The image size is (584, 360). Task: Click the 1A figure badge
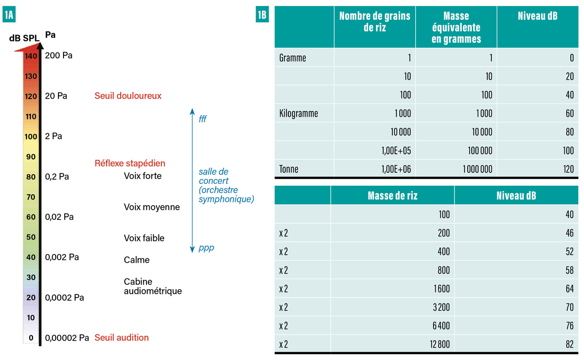(x=9, y=15)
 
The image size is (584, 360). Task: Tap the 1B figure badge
(x=262, y=15)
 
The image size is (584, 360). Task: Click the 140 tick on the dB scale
(x=31, y=56)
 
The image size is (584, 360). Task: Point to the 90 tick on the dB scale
(x=31, y=157)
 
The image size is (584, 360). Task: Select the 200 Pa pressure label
(x=58, y=56)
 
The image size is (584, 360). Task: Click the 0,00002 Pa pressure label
(x=67, y=338)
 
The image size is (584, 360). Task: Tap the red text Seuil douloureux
(x=128, y=96)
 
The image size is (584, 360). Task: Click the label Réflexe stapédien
(x=130, y=163)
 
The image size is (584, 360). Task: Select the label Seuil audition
(x=121, y=338)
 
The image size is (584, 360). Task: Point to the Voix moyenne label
(x=151, y=207)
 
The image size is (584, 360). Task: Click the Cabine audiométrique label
(x=152, y=287)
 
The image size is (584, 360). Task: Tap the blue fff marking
(x=203, y=119)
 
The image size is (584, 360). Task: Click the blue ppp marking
(x=206, y=248)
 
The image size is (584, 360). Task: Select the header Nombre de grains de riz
(x=375, y=21)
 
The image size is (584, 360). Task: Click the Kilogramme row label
(x=298, y=113)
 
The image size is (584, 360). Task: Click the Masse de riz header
(x=392, y=196)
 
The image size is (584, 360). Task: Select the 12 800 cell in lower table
(x=439, y=344)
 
